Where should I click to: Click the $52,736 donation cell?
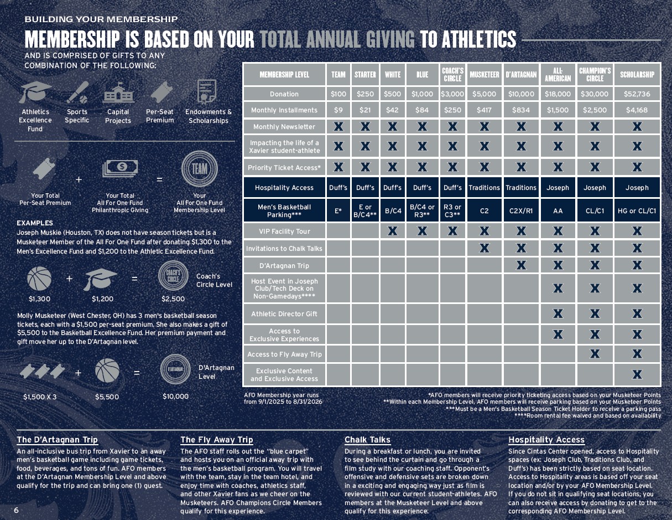tap(637, 94)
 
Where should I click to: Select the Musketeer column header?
tap(484, 75)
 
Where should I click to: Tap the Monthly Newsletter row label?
tap(284, 127)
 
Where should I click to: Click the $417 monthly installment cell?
tap(484, 110)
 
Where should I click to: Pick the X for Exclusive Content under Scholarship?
tap(637, 374)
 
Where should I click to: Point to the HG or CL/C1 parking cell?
tap(637, 211)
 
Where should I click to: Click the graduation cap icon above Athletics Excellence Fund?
tap(35, 92)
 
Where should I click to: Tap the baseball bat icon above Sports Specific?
tap(77, 92)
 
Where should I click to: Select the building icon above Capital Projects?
tap(118, 92)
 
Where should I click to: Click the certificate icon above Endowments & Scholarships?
tap(207, 92)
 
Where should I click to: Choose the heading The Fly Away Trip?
tap(216, 440)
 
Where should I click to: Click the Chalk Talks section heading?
tap(367, 440)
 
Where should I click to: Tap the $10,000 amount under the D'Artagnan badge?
tap(175, 397)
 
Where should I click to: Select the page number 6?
tap(16, 510)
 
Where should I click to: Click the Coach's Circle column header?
tap(452, 75)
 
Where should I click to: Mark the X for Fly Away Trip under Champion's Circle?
tap(595, 353)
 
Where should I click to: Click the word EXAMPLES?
tap(35, 223)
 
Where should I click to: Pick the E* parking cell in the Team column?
tap(338, 211)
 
